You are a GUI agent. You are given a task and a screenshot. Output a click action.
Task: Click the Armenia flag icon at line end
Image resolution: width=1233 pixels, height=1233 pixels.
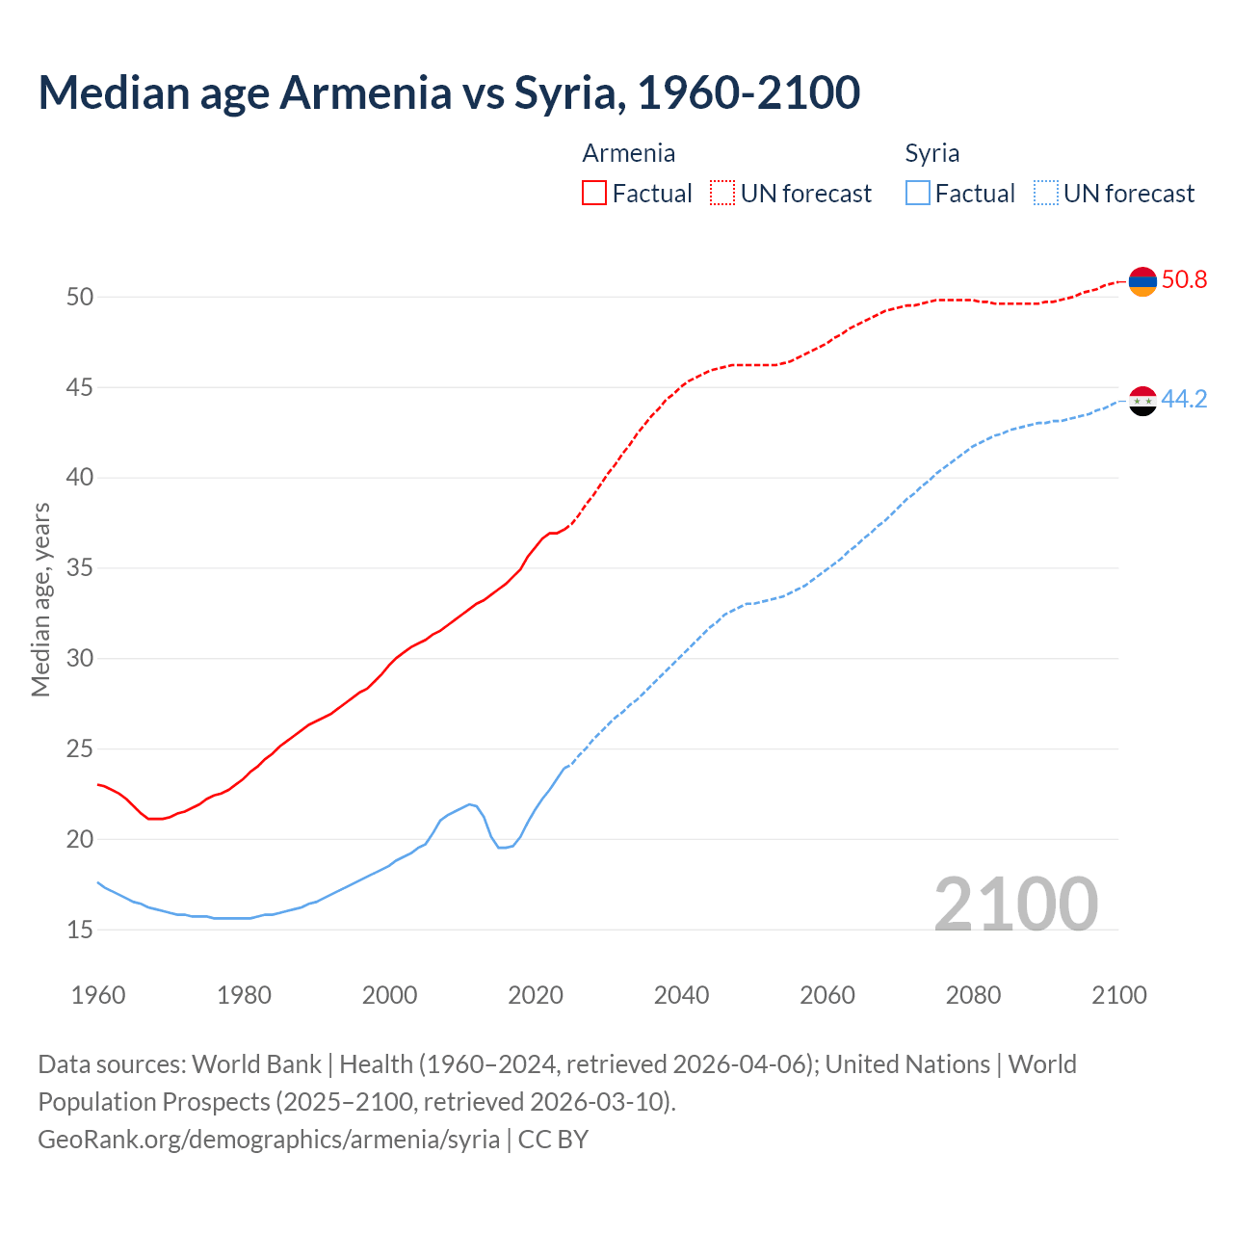point(1142,281)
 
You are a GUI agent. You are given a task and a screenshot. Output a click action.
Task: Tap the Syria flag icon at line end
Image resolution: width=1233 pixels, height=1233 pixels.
point(1142,401)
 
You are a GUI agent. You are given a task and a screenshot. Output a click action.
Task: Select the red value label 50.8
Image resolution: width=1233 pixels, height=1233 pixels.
point(1184,280)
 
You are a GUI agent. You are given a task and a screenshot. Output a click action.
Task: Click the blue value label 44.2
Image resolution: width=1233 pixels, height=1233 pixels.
point(1184,400)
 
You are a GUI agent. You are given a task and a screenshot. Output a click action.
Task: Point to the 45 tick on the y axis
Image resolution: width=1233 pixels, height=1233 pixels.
point(80,388)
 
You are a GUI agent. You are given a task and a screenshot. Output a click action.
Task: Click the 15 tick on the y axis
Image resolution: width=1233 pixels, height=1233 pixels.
point(80,931)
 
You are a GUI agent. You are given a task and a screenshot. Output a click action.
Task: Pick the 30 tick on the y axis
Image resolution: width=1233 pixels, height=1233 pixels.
point(80,659)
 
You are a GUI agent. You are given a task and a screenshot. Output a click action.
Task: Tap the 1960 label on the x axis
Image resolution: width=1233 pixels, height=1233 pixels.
point(98,995)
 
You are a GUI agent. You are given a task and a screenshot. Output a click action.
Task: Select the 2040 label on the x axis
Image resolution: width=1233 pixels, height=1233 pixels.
point(681,995)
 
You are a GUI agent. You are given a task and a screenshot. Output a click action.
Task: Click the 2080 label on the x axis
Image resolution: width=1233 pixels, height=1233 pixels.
point(973,995)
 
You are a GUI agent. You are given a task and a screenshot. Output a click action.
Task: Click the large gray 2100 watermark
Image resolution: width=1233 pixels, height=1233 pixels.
point(1015,904)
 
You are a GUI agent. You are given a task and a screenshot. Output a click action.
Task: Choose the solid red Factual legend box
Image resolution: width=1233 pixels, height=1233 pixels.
point(594,194)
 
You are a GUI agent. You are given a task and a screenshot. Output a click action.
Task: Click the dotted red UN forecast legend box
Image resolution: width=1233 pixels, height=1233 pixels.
point(722,194)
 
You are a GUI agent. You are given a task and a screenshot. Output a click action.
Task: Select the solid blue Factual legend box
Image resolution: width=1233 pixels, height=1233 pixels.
point(918,194)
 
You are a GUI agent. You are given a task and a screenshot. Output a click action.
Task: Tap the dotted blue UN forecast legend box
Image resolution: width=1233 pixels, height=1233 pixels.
point(1046,194)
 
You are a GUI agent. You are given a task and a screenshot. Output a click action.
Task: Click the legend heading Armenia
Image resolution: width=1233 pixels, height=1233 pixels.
point(629,153)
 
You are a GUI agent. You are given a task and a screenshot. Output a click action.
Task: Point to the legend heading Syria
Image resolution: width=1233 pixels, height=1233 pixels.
point(931,153)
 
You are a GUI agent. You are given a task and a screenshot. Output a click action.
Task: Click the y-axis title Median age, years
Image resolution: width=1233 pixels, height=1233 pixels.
point(40,599)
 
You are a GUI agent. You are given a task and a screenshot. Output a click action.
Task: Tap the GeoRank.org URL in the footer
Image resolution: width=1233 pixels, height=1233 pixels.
point(269,1140)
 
